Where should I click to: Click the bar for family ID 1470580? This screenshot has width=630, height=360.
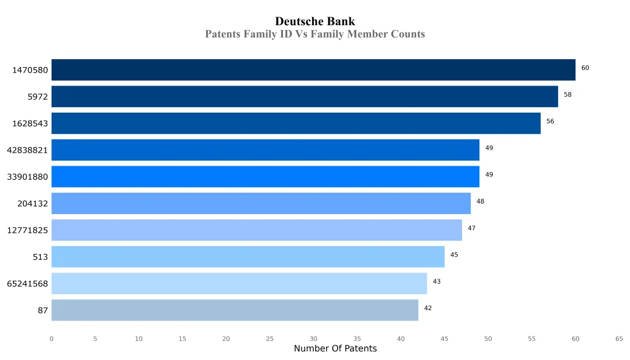(x=313, y=70)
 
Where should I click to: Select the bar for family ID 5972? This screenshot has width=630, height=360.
(x=305, y=97)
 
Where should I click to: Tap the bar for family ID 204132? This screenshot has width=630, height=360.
(x=261, y=203)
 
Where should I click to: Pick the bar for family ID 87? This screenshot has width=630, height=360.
(x=234, y=310)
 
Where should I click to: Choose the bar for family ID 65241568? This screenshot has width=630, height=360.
(x=239, y=284)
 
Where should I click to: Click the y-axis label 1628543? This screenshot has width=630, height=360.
(x=30, y=124)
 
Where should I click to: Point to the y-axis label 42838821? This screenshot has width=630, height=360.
(x=27, y=150)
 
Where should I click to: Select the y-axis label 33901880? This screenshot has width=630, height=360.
(x=27, y=177)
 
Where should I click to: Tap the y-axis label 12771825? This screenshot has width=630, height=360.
(x=27, y=230)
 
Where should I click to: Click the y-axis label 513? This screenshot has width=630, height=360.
(x=41, y=257)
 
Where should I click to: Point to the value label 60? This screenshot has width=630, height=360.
(x=585, y=68)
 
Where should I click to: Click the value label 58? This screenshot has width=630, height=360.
(x=567, y=95)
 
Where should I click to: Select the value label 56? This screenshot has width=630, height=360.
(x=550, y=121)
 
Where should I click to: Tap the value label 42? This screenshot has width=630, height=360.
(x=428, y=308)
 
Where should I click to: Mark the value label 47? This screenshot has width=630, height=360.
(x=471, y=228)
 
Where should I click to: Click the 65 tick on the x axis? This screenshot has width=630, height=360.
(x=619, y=338)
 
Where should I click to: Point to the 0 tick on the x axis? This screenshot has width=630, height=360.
(x=52, y=338)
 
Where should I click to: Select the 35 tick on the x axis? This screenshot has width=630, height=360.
(x=357, y=338)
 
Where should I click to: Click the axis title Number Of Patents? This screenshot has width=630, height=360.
(x=335, y=349)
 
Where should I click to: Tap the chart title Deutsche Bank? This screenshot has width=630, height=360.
(x=315, y=22)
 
